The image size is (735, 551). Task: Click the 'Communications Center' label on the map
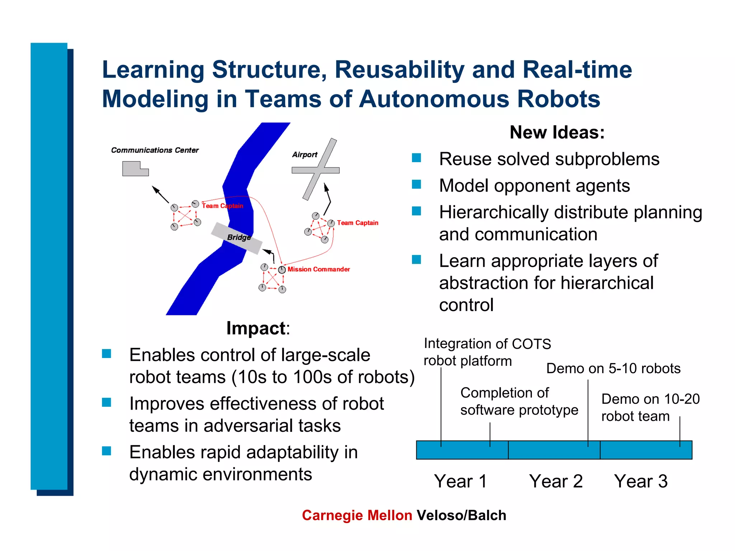155,150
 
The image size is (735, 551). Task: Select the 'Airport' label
305,155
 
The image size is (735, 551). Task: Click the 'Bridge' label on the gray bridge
239,237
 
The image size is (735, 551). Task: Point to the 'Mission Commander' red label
319,269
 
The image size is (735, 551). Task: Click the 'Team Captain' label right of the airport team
357,223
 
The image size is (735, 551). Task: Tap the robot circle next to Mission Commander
282,270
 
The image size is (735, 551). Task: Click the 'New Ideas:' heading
557,132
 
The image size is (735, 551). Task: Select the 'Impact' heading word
256,328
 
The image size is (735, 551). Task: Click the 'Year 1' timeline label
460,481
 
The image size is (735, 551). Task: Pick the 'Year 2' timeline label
556,481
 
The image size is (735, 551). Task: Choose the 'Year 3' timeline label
641,481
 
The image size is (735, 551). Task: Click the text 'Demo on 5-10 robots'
613,368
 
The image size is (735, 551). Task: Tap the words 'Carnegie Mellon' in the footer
357,515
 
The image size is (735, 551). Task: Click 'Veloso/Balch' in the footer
462,515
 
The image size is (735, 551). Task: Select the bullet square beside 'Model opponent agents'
416,184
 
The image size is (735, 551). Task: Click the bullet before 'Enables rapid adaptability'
107,451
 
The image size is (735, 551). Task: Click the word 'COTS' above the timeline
532,344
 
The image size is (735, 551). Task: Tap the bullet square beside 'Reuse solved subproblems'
416,158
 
